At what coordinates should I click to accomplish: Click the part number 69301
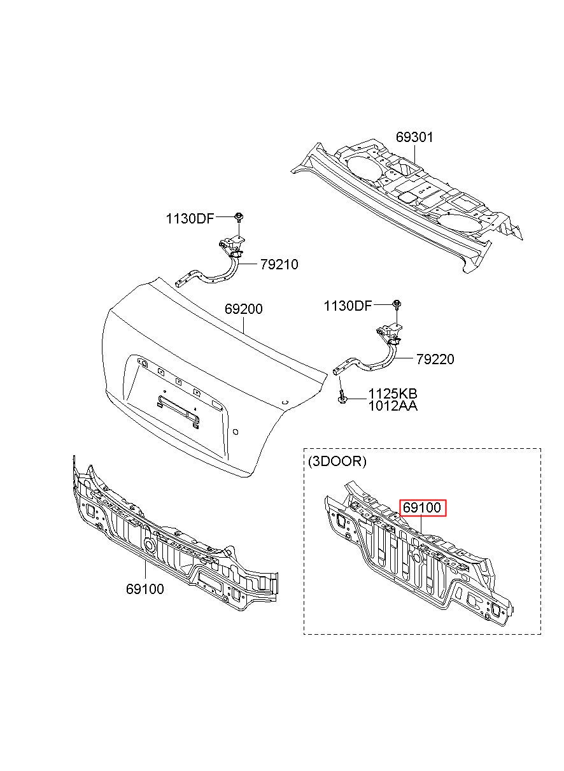[414, 137]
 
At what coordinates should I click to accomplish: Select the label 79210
[279, 264]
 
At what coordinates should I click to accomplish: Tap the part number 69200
[243, 309]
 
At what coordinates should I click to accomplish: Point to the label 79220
[435, 360]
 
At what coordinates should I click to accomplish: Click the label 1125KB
[393, 393]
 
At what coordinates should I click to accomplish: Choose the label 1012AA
[393, 406]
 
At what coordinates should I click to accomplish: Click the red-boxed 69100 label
[423, 508]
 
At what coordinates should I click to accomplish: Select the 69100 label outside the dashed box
[145, 589]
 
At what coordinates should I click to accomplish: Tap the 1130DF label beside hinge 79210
[190, 219]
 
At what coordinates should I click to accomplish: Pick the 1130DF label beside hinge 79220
[347, 306]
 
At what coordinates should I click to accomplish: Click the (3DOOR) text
[337, 462]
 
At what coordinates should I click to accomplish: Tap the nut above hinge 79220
[397, 304]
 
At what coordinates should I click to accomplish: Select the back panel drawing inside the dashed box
[414, 560]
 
